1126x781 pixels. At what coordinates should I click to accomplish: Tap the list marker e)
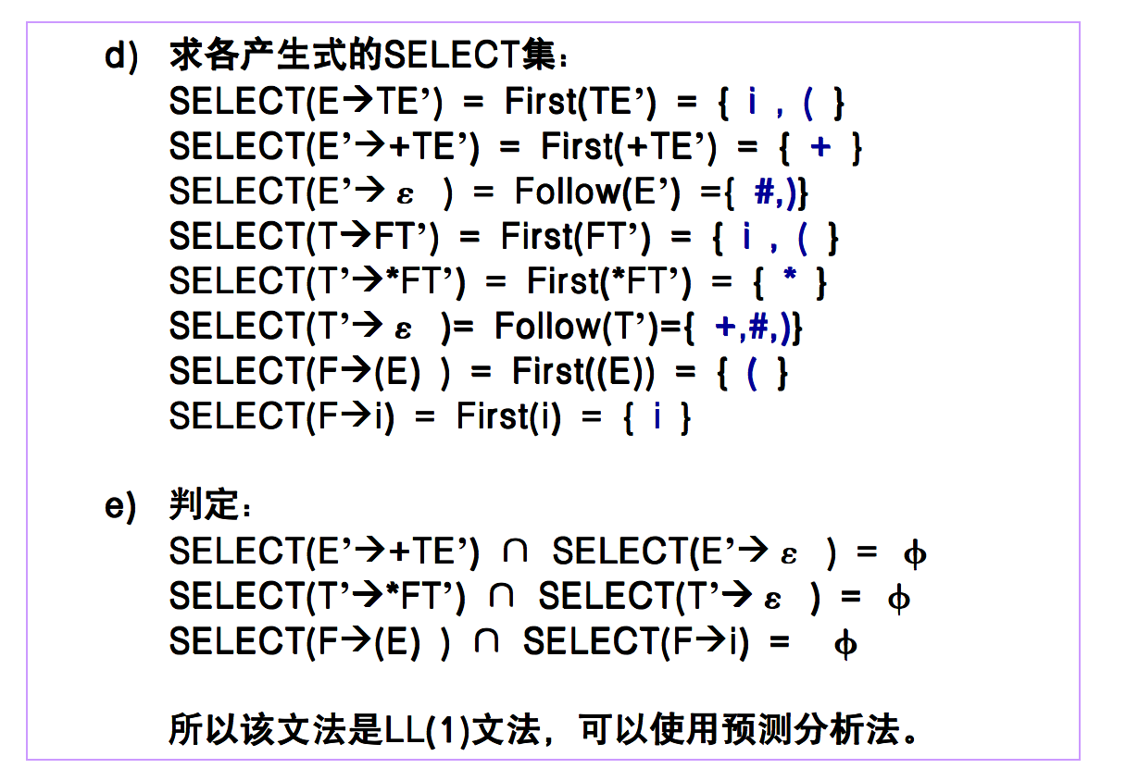120,506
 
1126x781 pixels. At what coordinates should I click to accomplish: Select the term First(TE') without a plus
580,102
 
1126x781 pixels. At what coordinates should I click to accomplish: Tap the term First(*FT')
608,281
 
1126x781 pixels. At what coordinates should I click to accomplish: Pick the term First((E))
583,372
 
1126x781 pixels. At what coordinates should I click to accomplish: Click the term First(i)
508,417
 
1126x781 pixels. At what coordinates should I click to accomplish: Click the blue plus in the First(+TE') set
819,147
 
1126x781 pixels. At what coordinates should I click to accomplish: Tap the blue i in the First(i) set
657,417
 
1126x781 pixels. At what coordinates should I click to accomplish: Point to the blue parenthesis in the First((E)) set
752,372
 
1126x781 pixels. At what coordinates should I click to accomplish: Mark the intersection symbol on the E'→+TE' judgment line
515,552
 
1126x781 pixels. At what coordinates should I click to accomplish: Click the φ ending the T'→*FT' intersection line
897,599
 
